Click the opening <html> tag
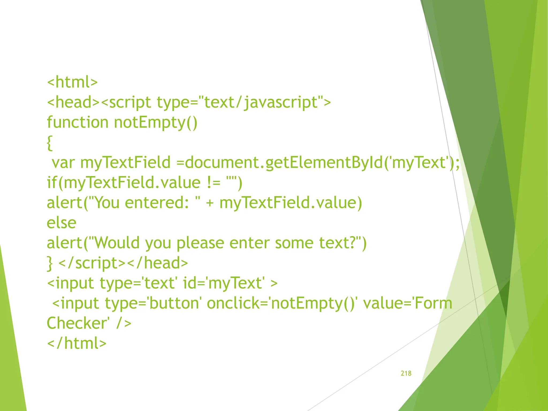coord(72,82)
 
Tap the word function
coord(77,122)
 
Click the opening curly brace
coord(50,143)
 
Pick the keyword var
coord(63,163)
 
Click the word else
coord(61,223)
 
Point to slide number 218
coord(406,373)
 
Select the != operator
coord(214,183)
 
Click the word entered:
coord(157,203)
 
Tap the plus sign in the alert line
coord(210,203)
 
